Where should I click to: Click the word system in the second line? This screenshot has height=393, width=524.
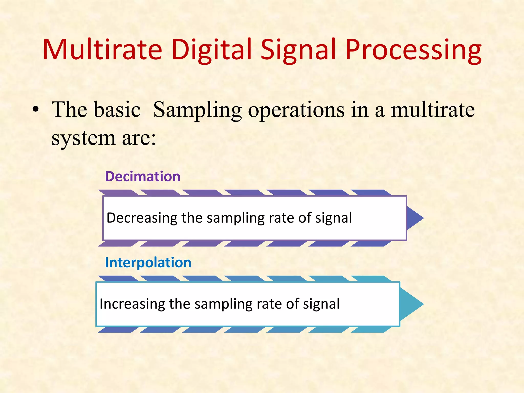coord(83,138)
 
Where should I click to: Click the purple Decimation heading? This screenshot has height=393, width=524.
coord(143,177)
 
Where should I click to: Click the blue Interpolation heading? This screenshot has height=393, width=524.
coord(148,263)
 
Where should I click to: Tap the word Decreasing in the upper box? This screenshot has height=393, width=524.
coord(142,218)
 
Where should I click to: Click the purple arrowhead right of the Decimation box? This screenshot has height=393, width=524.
coord(414,218)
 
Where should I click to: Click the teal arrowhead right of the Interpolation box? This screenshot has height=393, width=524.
coord(411,304)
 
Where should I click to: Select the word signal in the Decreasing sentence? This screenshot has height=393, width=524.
coord(333,218)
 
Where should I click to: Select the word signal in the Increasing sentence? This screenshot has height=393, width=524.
coord(321,304)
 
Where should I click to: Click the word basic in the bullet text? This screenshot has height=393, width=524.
coord(117,110)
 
